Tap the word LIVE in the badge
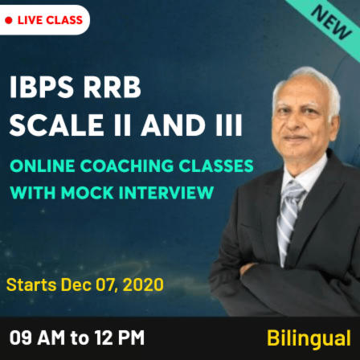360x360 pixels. tap(33, 19)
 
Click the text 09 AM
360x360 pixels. tap(35, 337)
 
